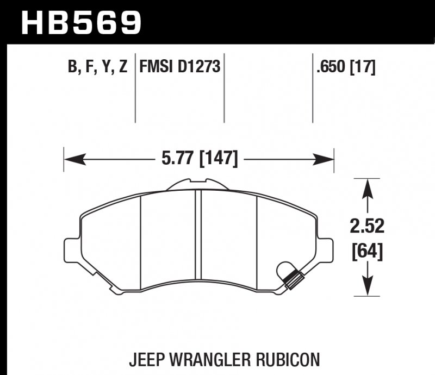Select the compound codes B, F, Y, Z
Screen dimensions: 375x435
click(x=97, y=67)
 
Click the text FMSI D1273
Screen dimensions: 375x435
click(x=180, y=67)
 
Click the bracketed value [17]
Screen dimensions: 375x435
click(x=363, y=67)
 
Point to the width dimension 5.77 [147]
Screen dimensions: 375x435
click(x=200, y=159)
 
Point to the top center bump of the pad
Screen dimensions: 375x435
click(x=199, y=184)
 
